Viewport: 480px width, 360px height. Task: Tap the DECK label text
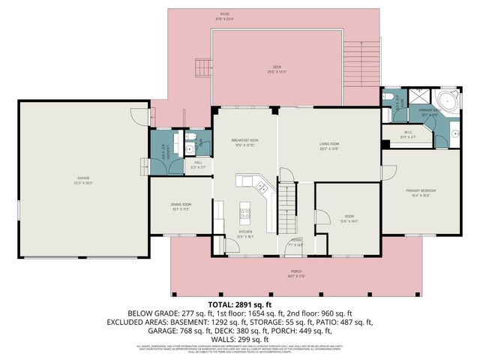(275, 70)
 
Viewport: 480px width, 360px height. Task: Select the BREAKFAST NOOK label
(244, 141)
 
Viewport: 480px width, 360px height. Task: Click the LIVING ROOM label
(329, 145)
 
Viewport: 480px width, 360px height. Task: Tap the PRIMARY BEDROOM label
(421, 192)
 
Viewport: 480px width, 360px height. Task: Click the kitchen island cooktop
(244, 213)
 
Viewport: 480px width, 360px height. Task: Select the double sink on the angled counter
(260, 185)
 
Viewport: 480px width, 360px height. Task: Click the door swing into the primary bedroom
(388, 172)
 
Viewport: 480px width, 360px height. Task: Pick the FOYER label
(297, 241)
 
